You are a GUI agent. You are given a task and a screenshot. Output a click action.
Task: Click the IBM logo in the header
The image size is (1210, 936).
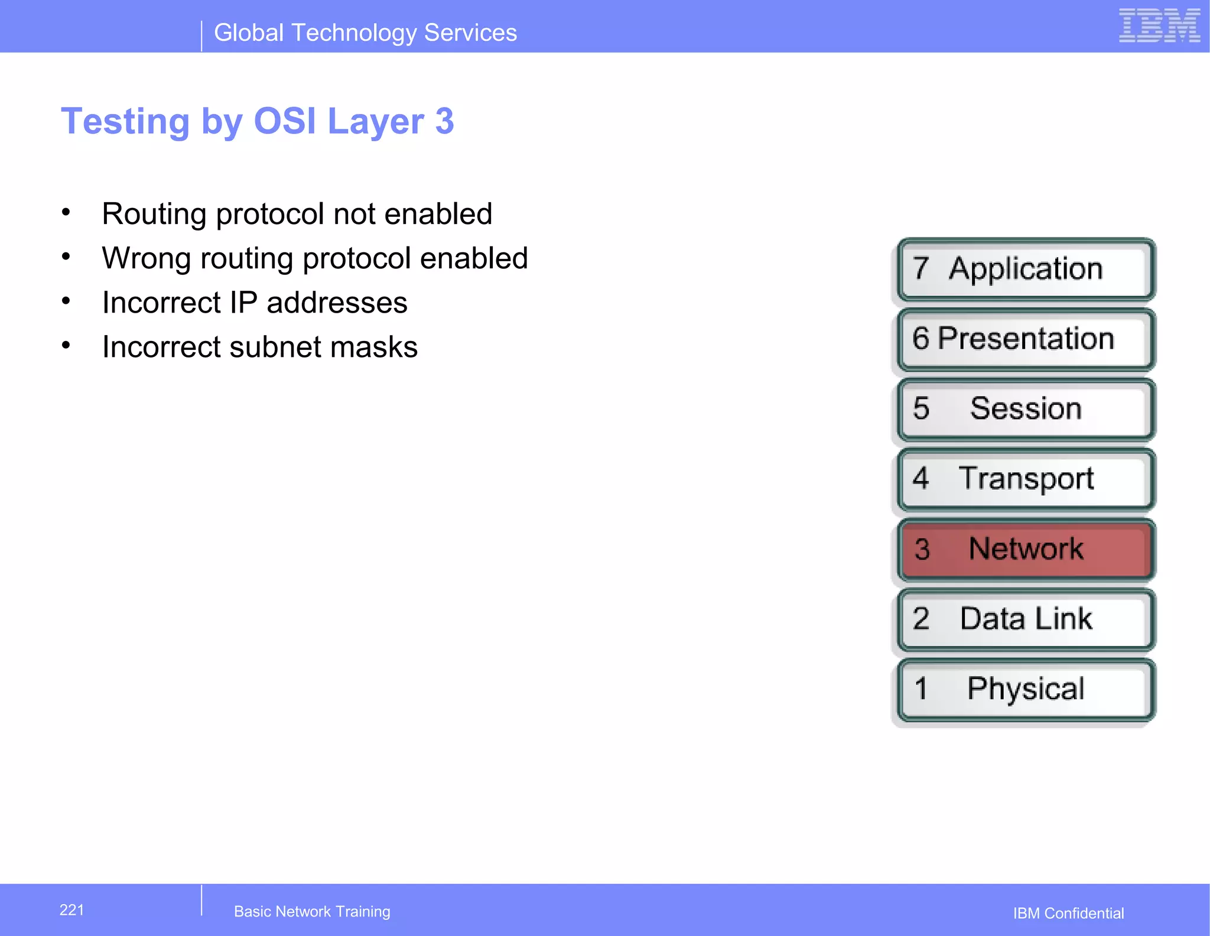pos(1159,26)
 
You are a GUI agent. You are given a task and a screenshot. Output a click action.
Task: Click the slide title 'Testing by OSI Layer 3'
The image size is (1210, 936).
pos(258,121)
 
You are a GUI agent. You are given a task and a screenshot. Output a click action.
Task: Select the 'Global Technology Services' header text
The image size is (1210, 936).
pos(365,33)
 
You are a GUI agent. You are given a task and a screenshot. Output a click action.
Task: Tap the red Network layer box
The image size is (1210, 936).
pos(1026,549)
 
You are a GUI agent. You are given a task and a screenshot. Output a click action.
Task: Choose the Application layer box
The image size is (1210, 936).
pos(1026,269)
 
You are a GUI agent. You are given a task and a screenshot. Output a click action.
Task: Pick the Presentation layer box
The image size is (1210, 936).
pos(1026,339)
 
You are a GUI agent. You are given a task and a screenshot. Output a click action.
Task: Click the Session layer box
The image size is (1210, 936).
pos(1026,409)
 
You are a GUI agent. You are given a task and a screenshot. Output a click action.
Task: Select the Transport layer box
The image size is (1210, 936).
pos(1026,479)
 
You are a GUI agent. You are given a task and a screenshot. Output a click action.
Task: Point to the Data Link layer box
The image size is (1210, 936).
pos(1026,619)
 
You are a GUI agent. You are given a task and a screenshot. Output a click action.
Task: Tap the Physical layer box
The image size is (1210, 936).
pos(1026,689)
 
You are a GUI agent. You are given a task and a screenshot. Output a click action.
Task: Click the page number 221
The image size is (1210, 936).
pos(71,910)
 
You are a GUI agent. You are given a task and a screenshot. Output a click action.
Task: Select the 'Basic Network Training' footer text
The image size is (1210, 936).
pos(312,912)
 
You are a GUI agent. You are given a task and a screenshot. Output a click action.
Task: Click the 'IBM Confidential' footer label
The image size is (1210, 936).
pos(1068,914)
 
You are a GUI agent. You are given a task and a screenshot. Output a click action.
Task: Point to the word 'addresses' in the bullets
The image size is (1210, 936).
pos(337,303)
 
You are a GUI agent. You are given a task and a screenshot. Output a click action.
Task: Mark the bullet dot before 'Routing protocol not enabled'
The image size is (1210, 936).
pos(66,212)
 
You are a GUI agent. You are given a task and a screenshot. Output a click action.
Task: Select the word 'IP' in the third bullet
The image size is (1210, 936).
pos(243,303)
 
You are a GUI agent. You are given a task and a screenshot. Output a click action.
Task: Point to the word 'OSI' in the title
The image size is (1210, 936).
pos(285,121)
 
